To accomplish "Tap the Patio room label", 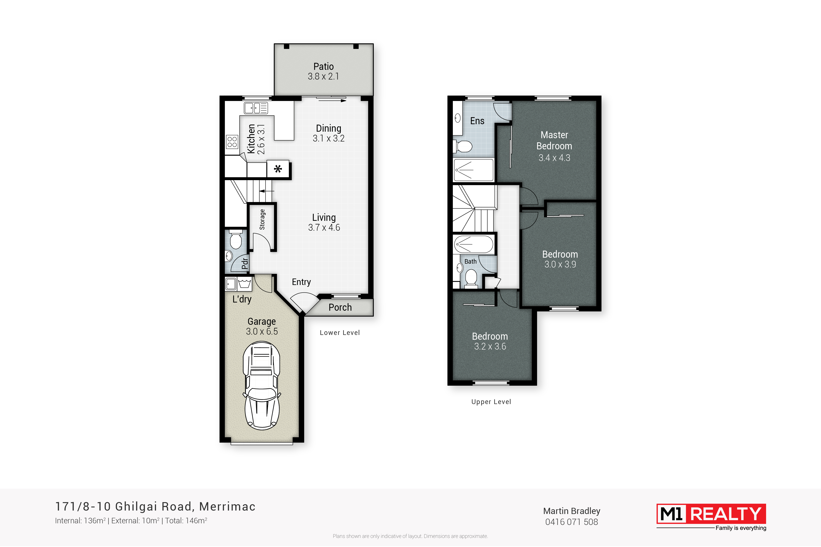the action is [x=324, y=66].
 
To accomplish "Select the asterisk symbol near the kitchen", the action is [x=278, y=169].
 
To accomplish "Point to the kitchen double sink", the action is [x=256, y=108].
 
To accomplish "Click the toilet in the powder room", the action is [x=236, y=239].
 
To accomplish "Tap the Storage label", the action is [x=262, y=219].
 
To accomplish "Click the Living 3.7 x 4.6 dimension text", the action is [x=324, y=227].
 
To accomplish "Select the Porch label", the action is [x=340, y=307].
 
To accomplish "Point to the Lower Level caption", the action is [x=340, y=333].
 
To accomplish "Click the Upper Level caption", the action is [x=491, y=402].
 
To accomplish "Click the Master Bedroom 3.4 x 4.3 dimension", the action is [x=554, y=158].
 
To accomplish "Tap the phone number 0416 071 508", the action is [x=571, y=522].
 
